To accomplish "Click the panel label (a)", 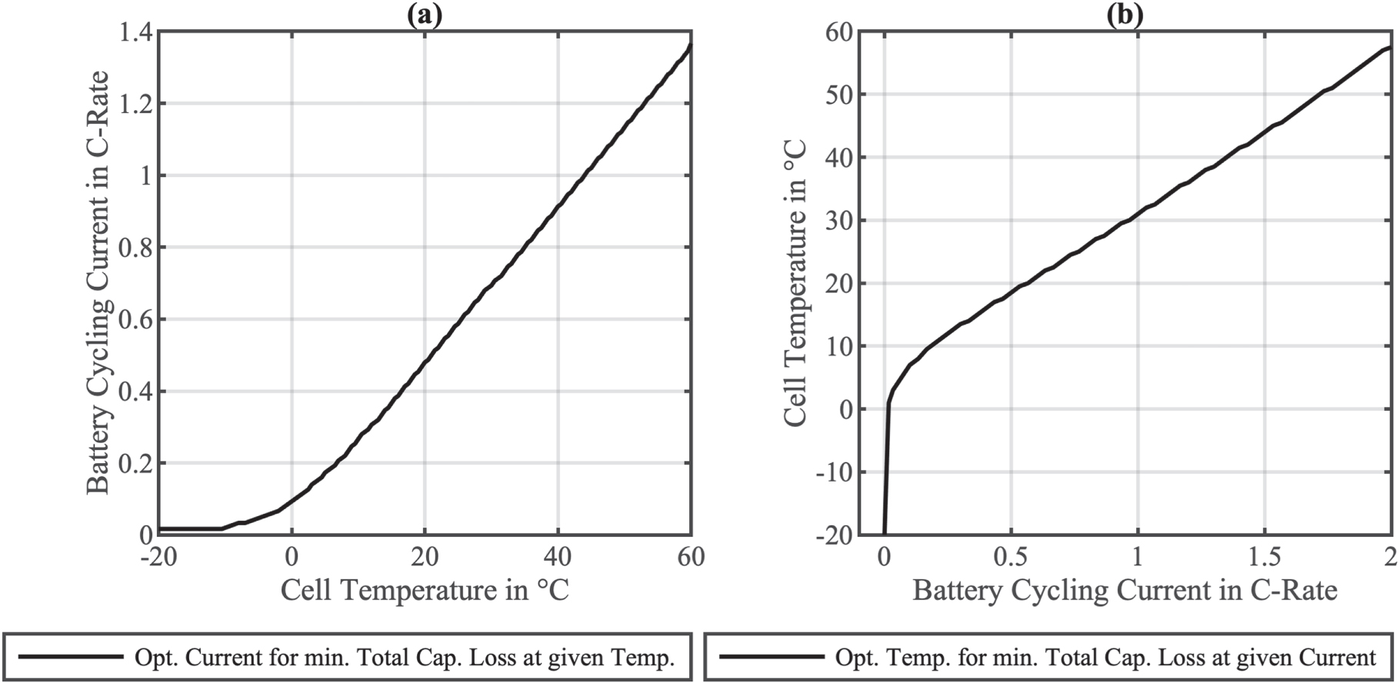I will pyautogui.click(x=424, y=15).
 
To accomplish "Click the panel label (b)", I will pyautogui.click(x=1125, y=15).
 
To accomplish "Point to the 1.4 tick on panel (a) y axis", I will pyautogui.click(x=135, y=32).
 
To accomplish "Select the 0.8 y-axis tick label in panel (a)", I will pyautogui.click(x=135, y=248).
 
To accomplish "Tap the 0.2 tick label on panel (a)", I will pyautogui.click(x=135, y=464).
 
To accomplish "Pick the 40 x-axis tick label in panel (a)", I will pyautogui.click(x=558, y=556).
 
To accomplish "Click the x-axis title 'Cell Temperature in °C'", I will pyautogui.click(x=425, y=591).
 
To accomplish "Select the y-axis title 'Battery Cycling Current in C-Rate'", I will pyautogui.click(x=98, y=283).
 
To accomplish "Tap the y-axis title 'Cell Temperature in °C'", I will pyautogui.click(x=795, y=283).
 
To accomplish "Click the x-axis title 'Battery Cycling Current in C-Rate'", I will pyautogui.click(x=1125, y=591).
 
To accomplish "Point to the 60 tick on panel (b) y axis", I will pyautogui.click(x=838, y=32).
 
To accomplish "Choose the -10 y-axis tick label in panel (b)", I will pyautogui.click(x=834, y=472).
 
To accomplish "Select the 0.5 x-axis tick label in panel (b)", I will pyautogui.click(x=1011, y=556).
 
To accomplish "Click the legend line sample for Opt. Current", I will pyautogui.click(x=71, y=657).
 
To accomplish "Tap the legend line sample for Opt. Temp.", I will pyautogui.click(x=771, y=657).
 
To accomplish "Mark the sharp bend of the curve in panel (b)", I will pyautogui.click(x=889, y=402).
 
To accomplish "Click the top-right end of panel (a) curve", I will pyautogui.click(x=691, y=45).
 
